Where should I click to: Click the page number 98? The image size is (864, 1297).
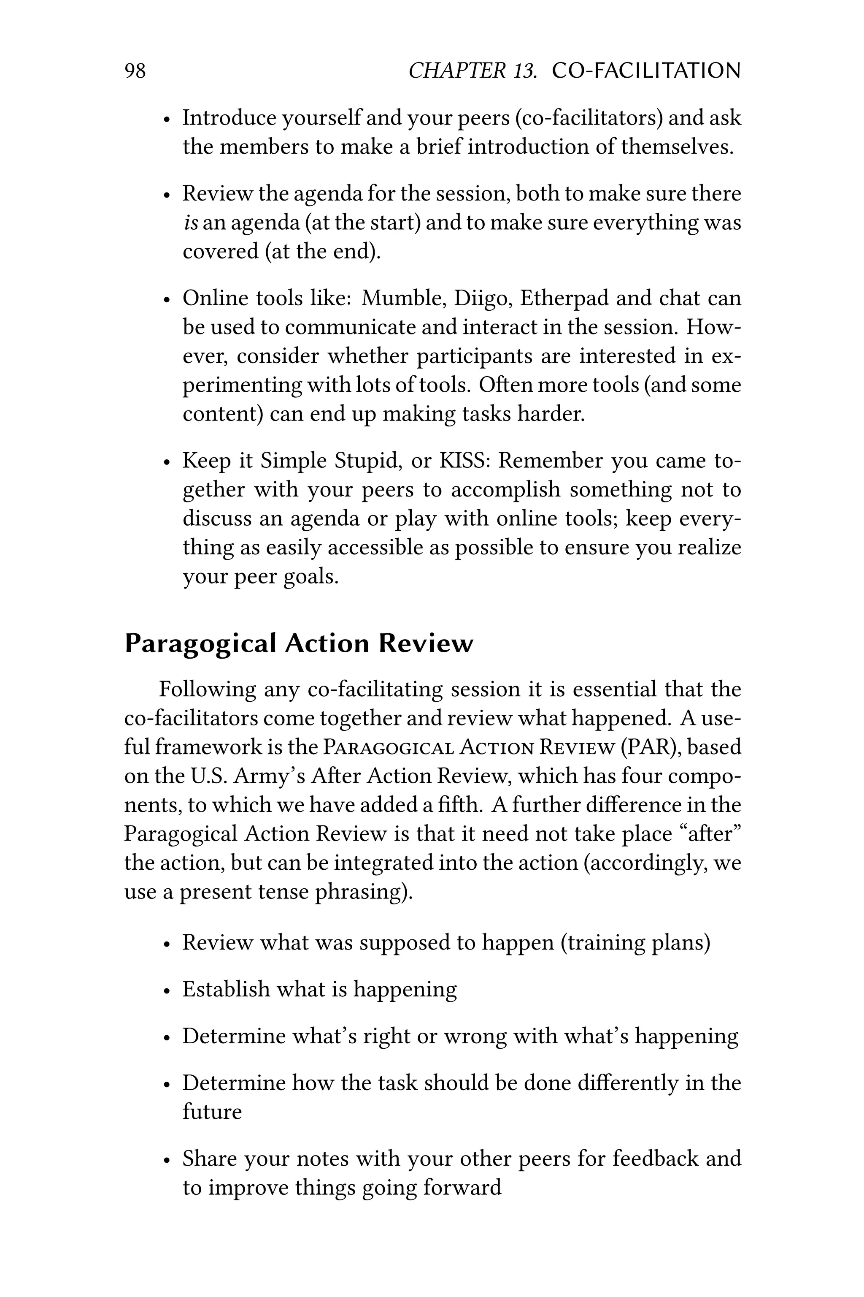click(x=135, y=71)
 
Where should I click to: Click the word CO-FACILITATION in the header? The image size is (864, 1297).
click(x=646, y=71)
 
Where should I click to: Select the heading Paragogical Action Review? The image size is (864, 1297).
click(x=299, y=643)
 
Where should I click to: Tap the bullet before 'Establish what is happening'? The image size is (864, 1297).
click(x=166, y=991)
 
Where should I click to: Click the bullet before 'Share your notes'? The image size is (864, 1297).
click(x=166, y=1160)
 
